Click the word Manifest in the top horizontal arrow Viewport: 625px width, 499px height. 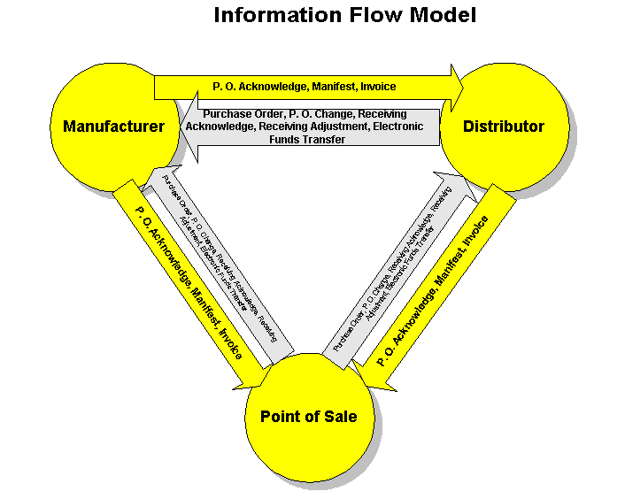click(x=333, y=87)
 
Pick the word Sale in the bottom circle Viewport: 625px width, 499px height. click(x=340, y=416)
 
